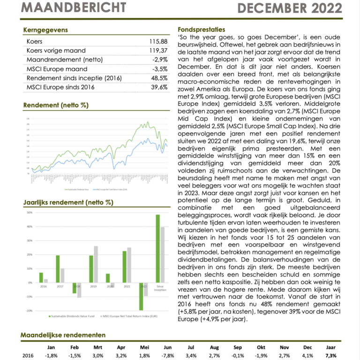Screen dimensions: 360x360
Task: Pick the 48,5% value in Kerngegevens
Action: [159, 78]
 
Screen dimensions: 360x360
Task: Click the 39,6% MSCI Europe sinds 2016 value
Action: [159, 87]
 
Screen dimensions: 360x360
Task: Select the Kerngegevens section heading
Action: [45, 30]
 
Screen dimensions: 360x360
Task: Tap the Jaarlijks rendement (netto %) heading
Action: [68, 202]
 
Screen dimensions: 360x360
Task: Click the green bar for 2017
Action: [58, 269]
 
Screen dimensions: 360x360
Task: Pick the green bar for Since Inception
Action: [157, 248]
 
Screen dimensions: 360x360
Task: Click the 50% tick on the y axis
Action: [29, 212]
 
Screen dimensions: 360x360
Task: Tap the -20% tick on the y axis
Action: [29, 311]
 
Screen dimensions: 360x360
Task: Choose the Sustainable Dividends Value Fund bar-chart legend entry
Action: [74, 316]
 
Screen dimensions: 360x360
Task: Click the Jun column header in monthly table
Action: [168, 347]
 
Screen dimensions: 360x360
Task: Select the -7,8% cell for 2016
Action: [168, 356]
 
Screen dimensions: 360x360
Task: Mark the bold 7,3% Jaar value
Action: [330, 356]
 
